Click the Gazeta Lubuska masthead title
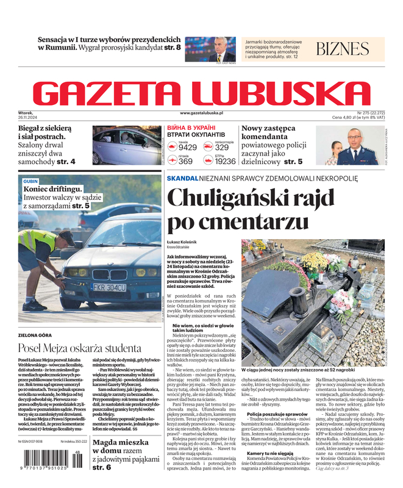click(201, 93)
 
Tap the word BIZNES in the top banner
click(343, 49)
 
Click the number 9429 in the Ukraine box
click(187, 148)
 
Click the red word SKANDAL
click(182, 178)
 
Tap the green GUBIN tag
click(30, 182)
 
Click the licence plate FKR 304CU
click(109, 287)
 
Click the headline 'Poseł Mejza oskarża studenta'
click(79, 348)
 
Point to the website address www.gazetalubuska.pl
click(201, 113)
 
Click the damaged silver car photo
click(127, 146)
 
